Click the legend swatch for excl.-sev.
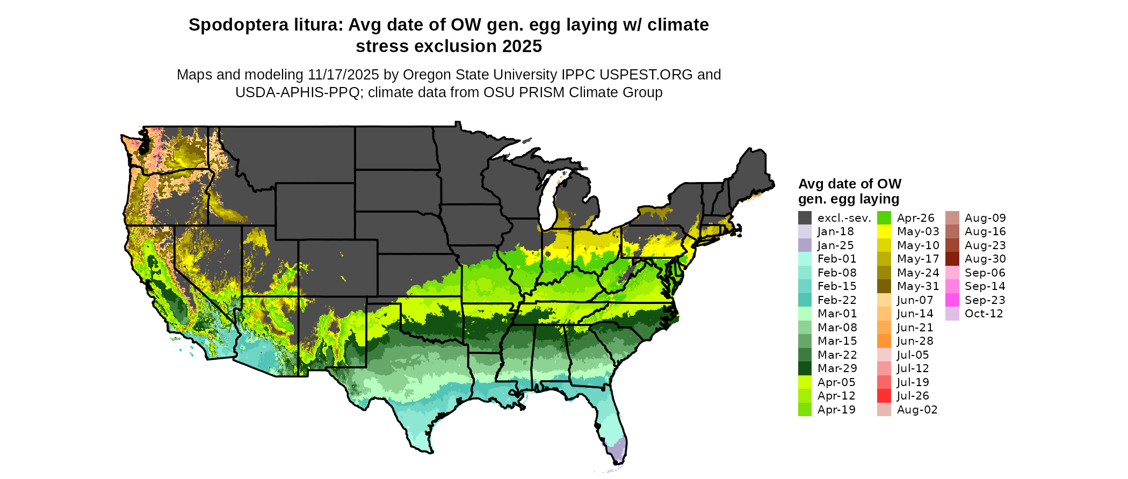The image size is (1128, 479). [805, 218]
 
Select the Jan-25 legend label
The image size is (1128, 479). [835, 245]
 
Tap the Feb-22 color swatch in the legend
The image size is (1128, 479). [805, 300]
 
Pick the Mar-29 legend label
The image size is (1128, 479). [837, 368]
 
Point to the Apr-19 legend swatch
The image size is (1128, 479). [805, 410]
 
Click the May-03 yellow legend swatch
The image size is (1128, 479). [884, 231]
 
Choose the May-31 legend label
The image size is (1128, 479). [917, 286]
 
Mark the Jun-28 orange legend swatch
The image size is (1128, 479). [884, 341]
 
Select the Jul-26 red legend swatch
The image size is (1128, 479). [884, 396]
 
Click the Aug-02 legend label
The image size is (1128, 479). [917, 410]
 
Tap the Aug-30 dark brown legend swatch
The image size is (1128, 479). [952, 259]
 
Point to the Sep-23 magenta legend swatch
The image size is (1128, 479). [952, 300]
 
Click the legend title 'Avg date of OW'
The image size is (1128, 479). [849, 184]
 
